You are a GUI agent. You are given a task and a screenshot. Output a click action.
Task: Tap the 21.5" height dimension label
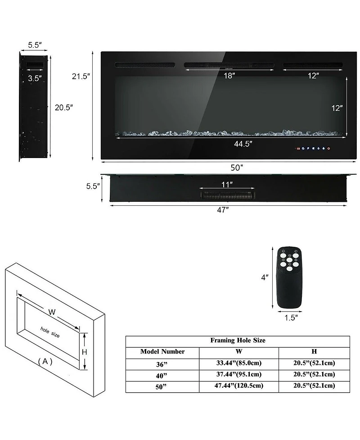(81, 76)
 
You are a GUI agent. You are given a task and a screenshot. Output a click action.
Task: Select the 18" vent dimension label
(229, 76)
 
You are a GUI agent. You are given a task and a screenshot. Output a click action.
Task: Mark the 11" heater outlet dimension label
(227, 184)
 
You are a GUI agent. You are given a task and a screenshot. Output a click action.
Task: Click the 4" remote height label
(265, 277)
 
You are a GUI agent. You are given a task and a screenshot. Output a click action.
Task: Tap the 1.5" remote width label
(291, 318)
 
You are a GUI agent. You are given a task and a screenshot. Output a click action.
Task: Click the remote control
(288, 277)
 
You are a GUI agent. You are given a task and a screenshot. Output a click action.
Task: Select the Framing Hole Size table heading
(238, 340)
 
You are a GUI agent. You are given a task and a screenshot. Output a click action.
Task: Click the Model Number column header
(162, 352)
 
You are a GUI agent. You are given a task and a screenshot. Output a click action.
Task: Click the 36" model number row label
(162, 363)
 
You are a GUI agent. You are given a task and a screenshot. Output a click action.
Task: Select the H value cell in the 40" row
(314, 374)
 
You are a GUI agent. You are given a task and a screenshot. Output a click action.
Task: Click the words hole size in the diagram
(49, 332)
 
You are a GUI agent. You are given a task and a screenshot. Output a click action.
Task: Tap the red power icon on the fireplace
(329, 148)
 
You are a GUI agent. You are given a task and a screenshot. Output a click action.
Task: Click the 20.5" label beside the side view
(64, 108)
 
